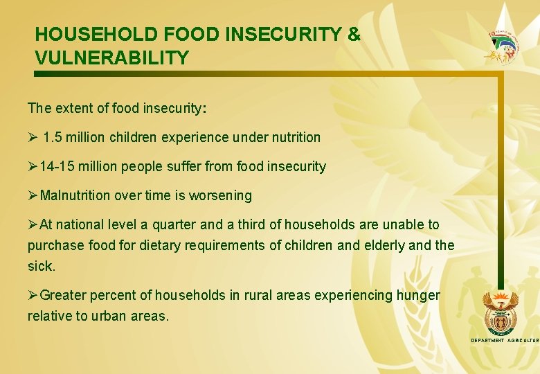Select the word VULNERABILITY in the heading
tap(111, 57)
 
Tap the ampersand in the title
tap(354, 34)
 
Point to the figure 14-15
tap(57, 166)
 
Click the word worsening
tap(224, 195)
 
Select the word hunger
tap(417, 296)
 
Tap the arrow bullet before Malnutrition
tap(33, 195)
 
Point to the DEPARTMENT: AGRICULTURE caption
tap(505, 341)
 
